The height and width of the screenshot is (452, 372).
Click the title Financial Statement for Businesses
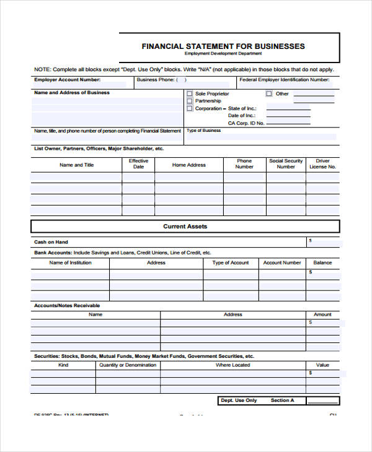pyautogui.click(x=223, y=46)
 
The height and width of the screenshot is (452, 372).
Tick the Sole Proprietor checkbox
pyautogui.click(x=190, y=94)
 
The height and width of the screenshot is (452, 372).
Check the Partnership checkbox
pyautogui.click(x=190, y=101)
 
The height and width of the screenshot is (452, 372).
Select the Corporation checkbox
pyautogui.click(x=190, y=108)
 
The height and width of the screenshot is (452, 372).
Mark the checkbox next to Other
pyautogui.click(x=268, y=94)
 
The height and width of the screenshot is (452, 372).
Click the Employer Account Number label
pyautogui.click(x=67, y=80)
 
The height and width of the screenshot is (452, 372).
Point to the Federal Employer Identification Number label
pyautogui.click(x=284, y=80)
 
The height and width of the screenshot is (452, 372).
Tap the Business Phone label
pyautogui.click(x=156, y=80)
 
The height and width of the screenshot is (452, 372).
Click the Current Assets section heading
pyautogui.click(x=185, y=227)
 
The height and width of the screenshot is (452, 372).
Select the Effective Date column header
pyautogui.click(x=138, y=163)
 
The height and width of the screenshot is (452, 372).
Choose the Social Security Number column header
pyautogui.click(x=286, y=163)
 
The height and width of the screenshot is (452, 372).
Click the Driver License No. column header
pyautogui.click(x=322, y=163)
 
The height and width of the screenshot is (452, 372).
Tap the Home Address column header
pyautogui.click(x=188, y=165)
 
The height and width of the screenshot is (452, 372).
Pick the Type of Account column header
pyautogui.click(x=230, y=263)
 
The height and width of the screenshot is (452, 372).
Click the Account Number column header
pyautogui.click(x=282, y=263)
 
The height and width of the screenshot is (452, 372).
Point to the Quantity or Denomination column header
pyautogui.click(x=128, y=365)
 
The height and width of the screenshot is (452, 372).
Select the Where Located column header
pyautogui.click(x=232, y=365)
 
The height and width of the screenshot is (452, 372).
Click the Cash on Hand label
pyautogui.click(x=51, y=242)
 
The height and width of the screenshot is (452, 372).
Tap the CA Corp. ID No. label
pyautogui.click(x=246, y=123)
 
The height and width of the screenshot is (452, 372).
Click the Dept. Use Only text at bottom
pyautogui.click(x=239, y=401)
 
